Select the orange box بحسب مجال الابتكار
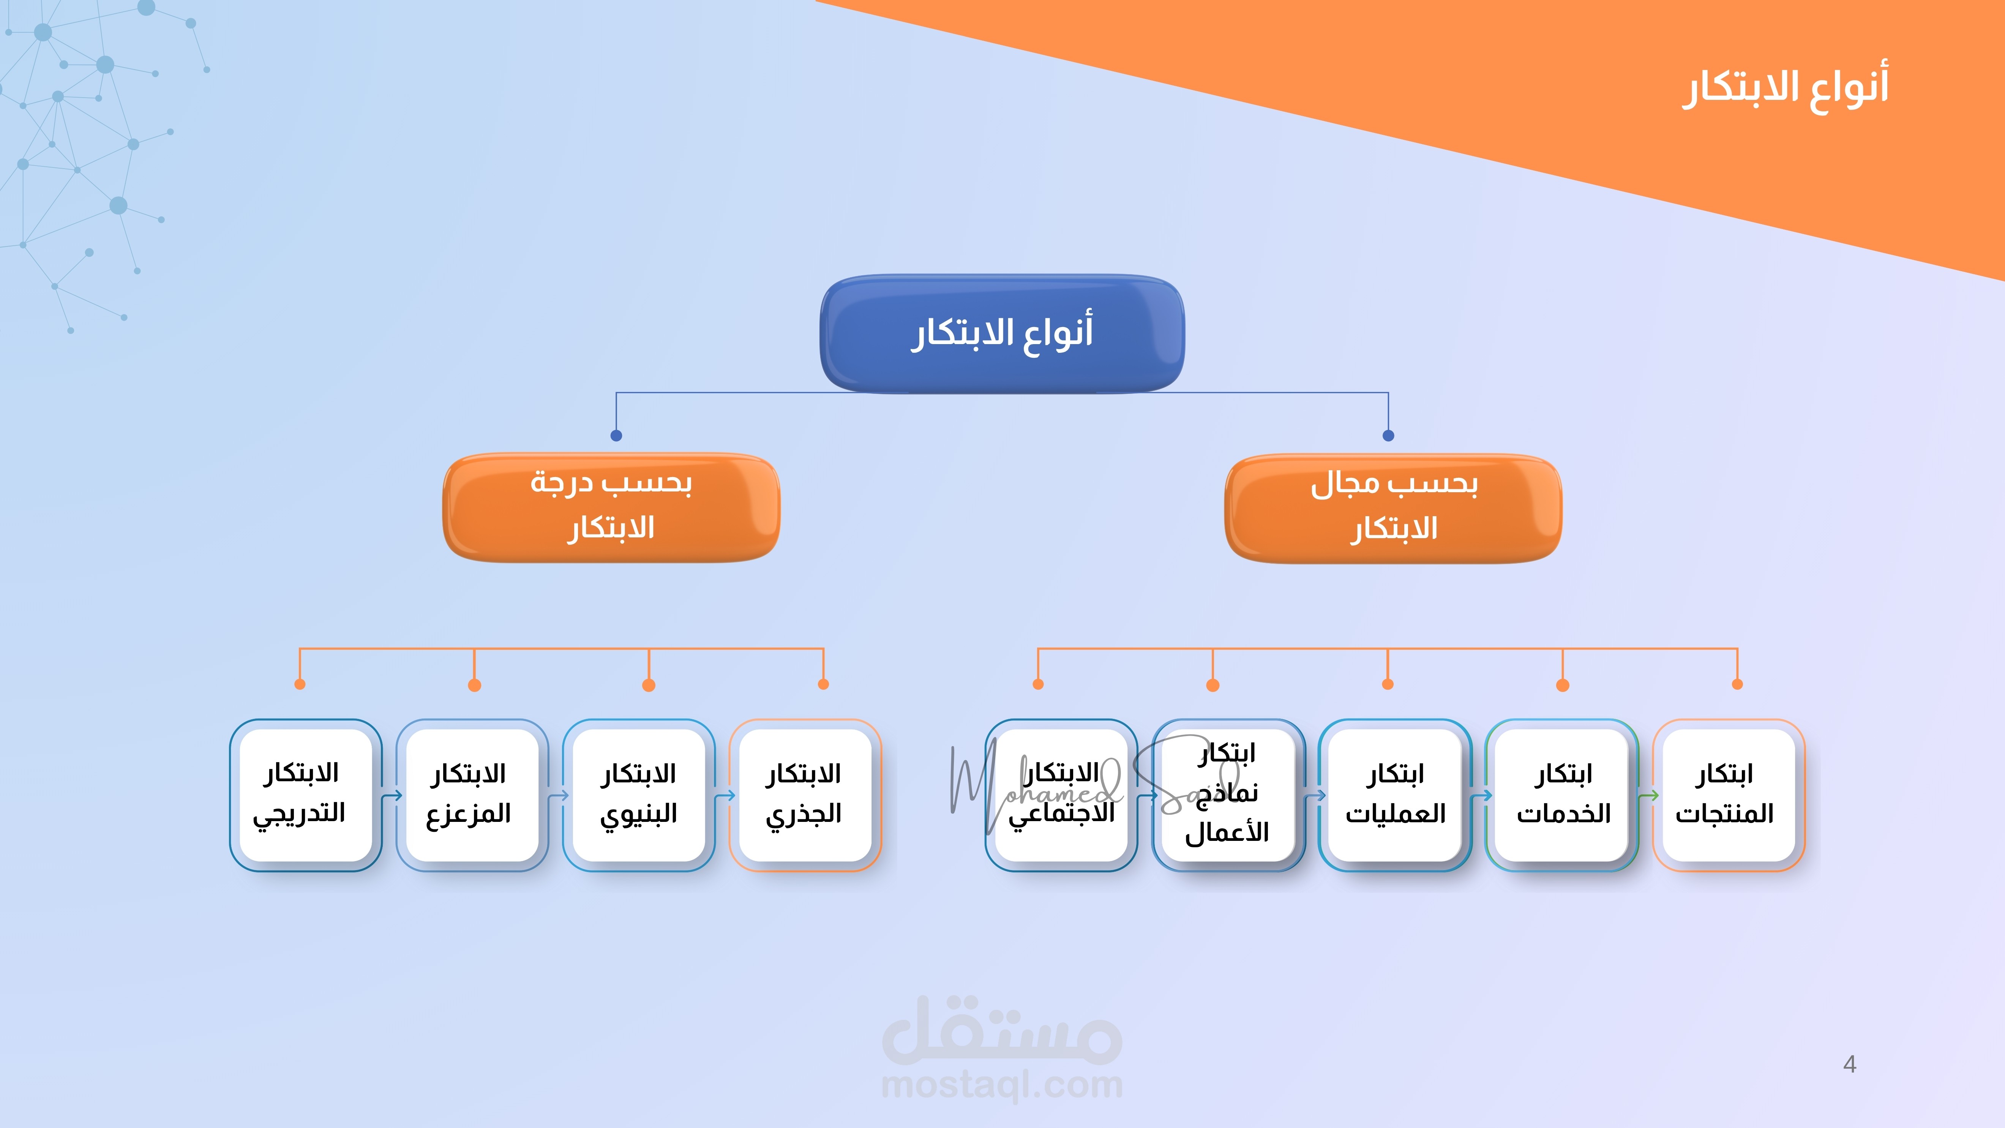click(x=1393, y=507)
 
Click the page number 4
click(x=1849, y=1064)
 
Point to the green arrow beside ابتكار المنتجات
click(x=1648, y=796)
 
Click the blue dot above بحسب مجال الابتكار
click(x=1388, y=435)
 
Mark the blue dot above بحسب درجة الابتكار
click(x=616, y=435)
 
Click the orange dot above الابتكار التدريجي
click(x=300, y=684)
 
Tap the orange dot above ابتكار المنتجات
click(x=1737, y=684)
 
